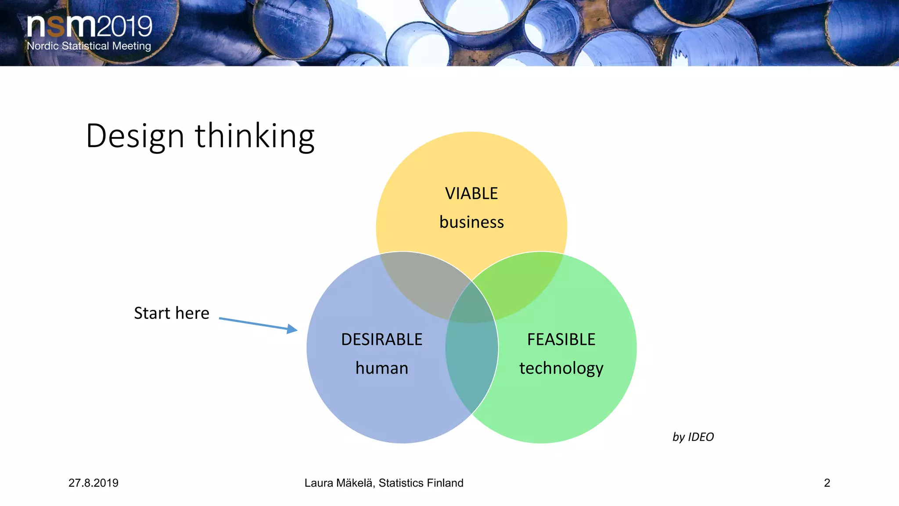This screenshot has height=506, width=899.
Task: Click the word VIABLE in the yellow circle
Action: point(471,194)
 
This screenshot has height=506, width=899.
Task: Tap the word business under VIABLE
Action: point(471,222)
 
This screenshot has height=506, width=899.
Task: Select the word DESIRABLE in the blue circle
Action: point(381,340)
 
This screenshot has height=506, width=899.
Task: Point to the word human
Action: point(381,368)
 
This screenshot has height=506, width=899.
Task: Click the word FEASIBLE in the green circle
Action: point(561,340)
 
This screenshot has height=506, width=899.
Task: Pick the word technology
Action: point(561,368)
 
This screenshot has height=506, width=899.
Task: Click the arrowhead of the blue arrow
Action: point(292,329)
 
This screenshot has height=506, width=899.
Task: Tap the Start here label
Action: point(172,313)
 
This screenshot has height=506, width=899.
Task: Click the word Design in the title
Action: point(135,136)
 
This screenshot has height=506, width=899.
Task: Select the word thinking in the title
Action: point(255,136)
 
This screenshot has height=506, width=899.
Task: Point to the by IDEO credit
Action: point(693,437)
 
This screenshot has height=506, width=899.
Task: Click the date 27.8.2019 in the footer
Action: point(93,483)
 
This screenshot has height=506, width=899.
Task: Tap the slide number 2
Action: point(827,483)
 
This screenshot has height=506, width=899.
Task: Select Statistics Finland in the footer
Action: point(421,483)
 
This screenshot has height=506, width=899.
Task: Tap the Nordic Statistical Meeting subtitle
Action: point(89,46)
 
